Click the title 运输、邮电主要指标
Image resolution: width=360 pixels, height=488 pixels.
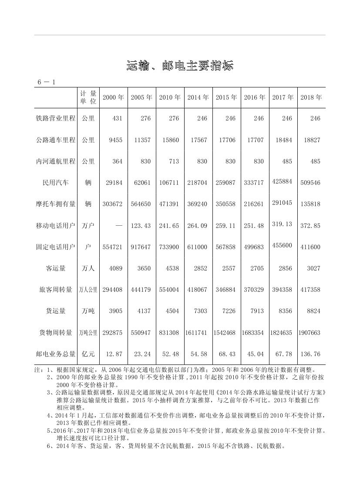click(x=180, y=66)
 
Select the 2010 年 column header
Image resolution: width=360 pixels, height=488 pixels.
click(x=170, y=97)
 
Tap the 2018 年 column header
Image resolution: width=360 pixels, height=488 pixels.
click(x=311, y=97)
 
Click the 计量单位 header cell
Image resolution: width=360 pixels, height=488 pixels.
click(x=88, y=97)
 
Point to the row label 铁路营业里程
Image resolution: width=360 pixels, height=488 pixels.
click(x=56, y=119)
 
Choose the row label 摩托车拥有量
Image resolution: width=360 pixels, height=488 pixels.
click(x=56, y=204)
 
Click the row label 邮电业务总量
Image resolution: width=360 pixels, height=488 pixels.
click(x=56, y=354)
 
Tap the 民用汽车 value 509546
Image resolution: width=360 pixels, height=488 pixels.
click(x=310, y=183)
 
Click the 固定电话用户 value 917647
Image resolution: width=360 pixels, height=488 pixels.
click(x=141, y=247)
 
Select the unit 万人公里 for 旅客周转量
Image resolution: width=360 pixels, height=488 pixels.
click(x=88, y=290)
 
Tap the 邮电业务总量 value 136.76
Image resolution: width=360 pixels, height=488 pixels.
click(x=310, y=354)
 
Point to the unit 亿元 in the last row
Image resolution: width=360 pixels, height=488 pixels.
click(x=88, y=354)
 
